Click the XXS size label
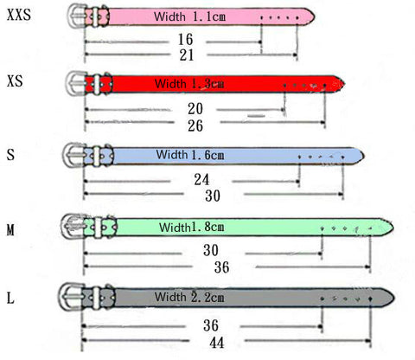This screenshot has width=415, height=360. [x=19, y=15]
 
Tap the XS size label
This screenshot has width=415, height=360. [x=15, y=81]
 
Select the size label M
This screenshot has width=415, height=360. [x=10, y=230]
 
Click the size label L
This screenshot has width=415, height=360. [x=10, y=298]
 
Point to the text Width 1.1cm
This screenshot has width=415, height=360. [x=189, y=16]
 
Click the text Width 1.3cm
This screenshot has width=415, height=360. [x=189, y=84]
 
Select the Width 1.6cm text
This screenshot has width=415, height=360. [x=190, y=155]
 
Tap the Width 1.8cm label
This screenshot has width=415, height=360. [x=192, y=227]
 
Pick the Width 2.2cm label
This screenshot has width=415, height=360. [x=189, y=297]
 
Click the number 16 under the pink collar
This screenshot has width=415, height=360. [x=185, y=39]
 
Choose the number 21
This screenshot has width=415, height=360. [x=187, y=55]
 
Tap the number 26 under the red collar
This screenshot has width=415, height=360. [x=195, y=125]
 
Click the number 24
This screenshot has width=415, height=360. [x=201, y=180]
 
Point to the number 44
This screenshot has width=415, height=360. [x=217, y=343]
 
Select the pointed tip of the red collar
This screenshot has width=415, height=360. [x=344, y=84]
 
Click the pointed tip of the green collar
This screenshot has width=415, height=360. [x=393, y=228]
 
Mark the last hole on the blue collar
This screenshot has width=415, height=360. [x=342, y=157]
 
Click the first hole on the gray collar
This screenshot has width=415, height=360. [x=322, y=299]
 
